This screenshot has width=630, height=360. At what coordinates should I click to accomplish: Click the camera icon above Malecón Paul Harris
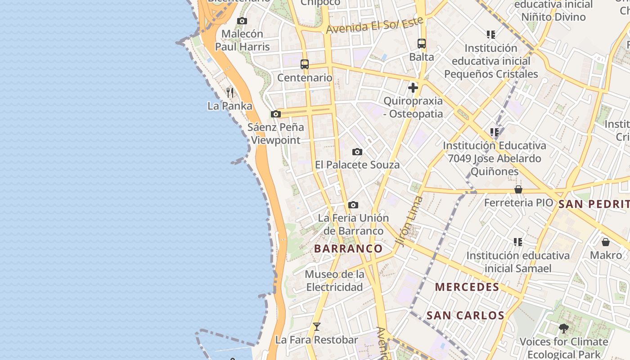click(x=242, y=21)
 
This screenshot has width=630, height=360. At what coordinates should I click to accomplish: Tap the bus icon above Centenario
click(x=305, y=64)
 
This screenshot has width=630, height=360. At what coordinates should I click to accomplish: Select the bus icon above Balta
click(x=422, y=44)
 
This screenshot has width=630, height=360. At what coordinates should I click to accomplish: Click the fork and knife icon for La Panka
click(x=230, y=93)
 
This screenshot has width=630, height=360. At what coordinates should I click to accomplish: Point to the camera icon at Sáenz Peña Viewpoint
click(x=276, y=114)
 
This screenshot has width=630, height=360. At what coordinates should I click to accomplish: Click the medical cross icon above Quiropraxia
click(x=413, y=88)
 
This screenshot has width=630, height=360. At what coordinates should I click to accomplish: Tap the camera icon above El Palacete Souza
click(x=357, y=152)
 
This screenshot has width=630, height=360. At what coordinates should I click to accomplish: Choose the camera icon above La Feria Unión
click(x=353, y=205)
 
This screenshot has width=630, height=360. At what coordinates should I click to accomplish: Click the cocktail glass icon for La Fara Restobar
click(x=317, y=327)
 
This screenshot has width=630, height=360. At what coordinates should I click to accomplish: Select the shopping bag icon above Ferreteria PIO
click(x=518, y=189)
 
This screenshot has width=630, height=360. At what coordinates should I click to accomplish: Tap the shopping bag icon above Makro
click(x=606, y=242)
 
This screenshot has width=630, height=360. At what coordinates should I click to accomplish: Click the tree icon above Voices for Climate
click(x=563, y=328)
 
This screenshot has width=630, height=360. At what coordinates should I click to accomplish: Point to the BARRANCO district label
click(x=348, y=248)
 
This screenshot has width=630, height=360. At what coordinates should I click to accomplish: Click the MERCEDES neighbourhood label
click(x=467, y=287)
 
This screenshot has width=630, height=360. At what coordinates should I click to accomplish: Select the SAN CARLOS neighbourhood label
click(x=465, y=315)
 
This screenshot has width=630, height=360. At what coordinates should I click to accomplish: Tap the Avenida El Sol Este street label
click(x=375, y=25)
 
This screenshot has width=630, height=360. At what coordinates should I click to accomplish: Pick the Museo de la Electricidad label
click(x=334, y=280)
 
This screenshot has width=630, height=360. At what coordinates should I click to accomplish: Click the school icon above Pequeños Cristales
click(x=491, y=34)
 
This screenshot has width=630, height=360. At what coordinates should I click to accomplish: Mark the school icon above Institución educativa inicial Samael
click(x=518, y=242)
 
